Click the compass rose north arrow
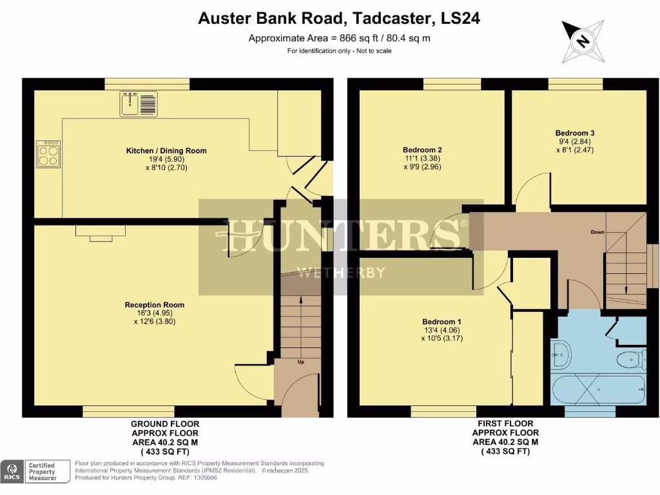(583, 41)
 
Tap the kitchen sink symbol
(137, 103)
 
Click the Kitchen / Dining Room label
(166, 151)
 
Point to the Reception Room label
(155, 305)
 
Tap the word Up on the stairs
(300, 362)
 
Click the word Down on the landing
(597, 231)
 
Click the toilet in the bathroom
(630, 358)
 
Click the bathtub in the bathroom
(598, 389)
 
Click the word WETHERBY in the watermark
(341, 272)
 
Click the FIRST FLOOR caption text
(505, 424)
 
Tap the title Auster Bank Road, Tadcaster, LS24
(339, 19)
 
